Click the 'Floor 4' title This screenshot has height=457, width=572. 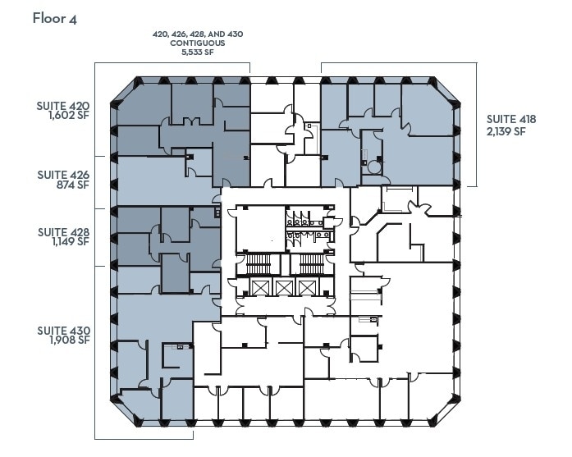(x=56, y=18)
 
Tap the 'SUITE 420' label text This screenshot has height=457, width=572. (x=62, y=106)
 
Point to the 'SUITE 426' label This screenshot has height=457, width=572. (x=62, y=174)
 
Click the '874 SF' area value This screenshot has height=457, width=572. (x=72, y=185)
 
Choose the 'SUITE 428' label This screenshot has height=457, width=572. (x=62, y=232)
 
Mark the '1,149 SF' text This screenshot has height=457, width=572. (x=68, y=243)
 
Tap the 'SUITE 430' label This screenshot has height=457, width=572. (x=62, y=331)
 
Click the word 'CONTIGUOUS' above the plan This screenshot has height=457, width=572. (x=197, y=43)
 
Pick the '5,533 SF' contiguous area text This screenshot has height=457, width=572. (x=197, y=53)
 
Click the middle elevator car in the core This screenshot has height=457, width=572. (x=283, y=287)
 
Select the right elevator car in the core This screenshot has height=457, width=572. (x=308, y=287)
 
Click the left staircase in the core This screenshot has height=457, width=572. (x=257, y=264)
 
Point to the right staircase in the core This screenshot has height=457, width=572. (x=309, y=264)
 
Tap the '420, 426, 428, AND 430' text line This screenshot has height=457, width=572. (x=197, y=34)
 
